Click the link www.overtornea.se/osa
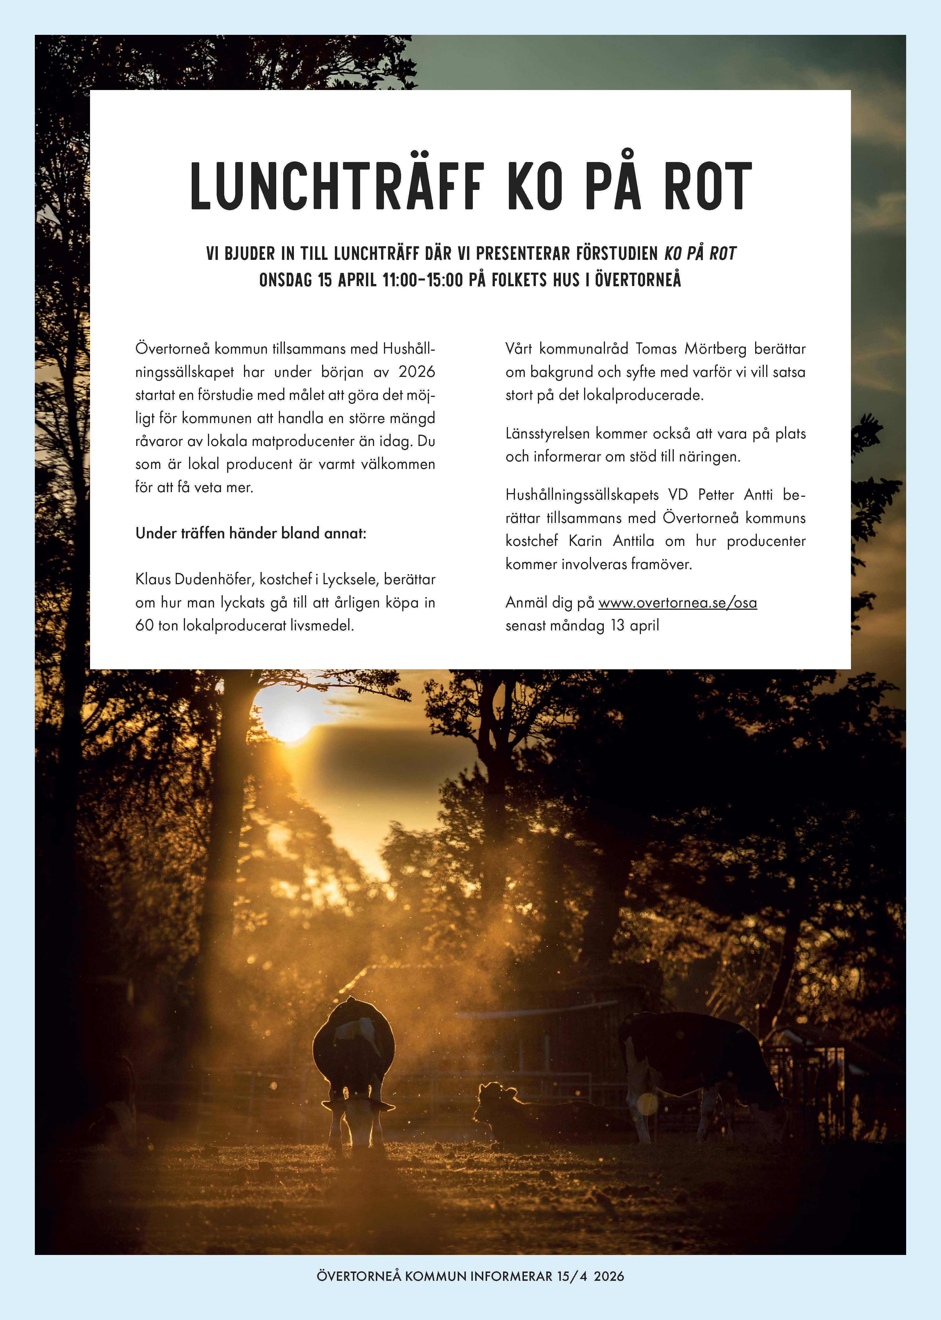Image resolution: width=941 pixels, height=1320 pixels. coord(677,603)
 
